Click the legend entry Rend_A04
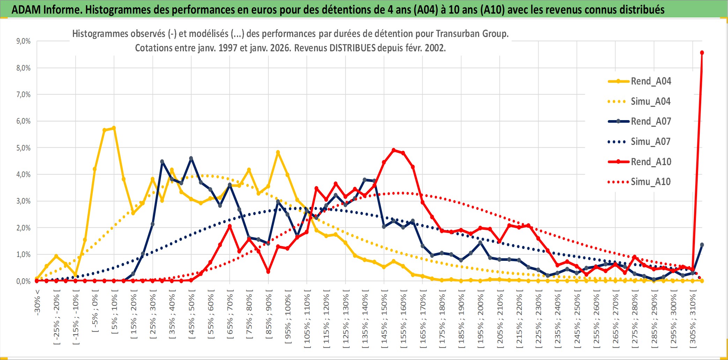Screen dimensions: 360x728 [651, 81]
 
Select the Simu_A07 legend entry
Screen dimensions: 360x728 [651, 142]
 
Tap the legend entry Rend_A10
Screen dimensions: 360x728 [651, 162]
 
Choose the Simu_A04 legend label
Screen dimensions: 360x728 [651, 102]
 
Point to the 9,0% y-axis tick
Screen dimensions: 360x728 [23, 41]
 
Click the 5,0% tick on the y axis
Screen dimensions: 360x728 [23, 148]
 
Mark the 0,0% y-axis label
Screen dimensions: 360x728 [23, 281]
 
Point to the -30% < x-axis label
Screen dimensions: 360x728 [37, 302]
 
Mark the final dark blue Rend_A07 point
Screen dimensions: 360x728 [702, 245]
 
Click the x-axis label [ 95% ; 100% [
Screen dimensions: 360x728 [288, 319]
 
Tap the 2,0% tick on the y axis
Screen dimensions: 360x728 [23, 228]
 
